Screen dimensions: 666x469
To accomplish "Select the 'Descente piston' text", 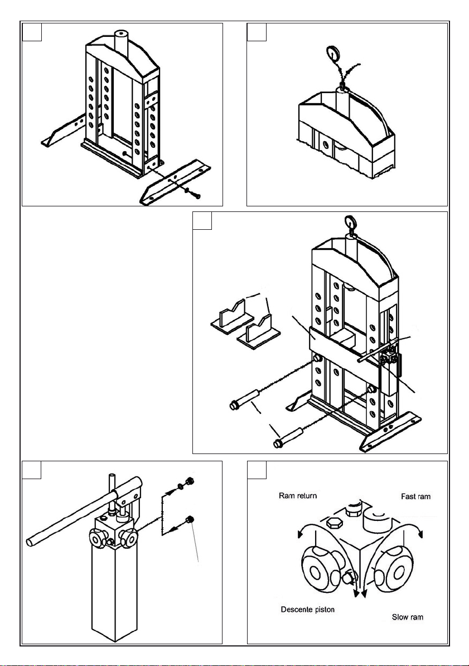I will click(307, 609).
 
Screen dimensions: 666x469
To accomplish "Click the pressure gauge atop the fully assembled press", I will click(352, 223).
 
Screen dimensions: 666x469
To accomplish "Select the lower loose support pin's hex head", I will click(278, 444).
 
